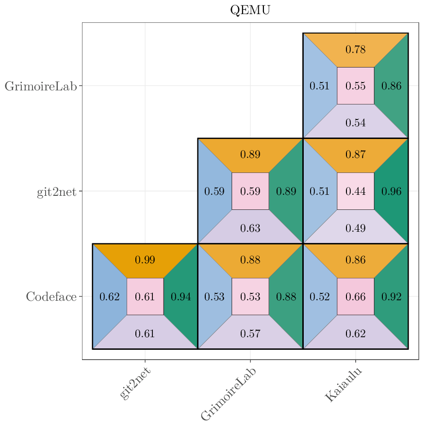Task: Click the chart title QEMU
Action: point(250,10)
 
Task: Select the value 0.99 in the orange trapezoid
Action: point(145,260)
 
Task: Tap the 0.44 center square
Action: point(356,191)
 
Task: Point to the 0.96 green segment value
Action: point(392,191)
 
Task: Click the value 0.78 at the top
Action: point(356,50)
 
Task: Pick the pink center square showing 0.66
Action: point(356,296)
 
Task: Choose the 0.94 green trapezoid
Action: point(181,296)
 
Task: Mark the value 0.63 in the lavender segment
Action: point(250,228)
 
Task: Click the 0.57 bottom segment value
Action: point(250,333)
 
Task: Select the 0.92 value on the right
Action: point(392,296)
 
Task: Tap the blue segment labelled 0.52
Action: point(320,296)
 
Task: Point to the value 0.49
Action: point(356,228)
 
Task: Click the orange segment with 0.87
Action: point(356,155)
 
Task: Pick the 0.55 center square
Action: point(356,86)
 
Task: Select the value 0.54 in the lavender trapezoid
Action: point(356,123)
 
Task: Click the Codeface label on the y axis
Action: point(51,296)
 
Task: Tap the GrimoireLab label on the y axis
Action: point(41,86)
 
